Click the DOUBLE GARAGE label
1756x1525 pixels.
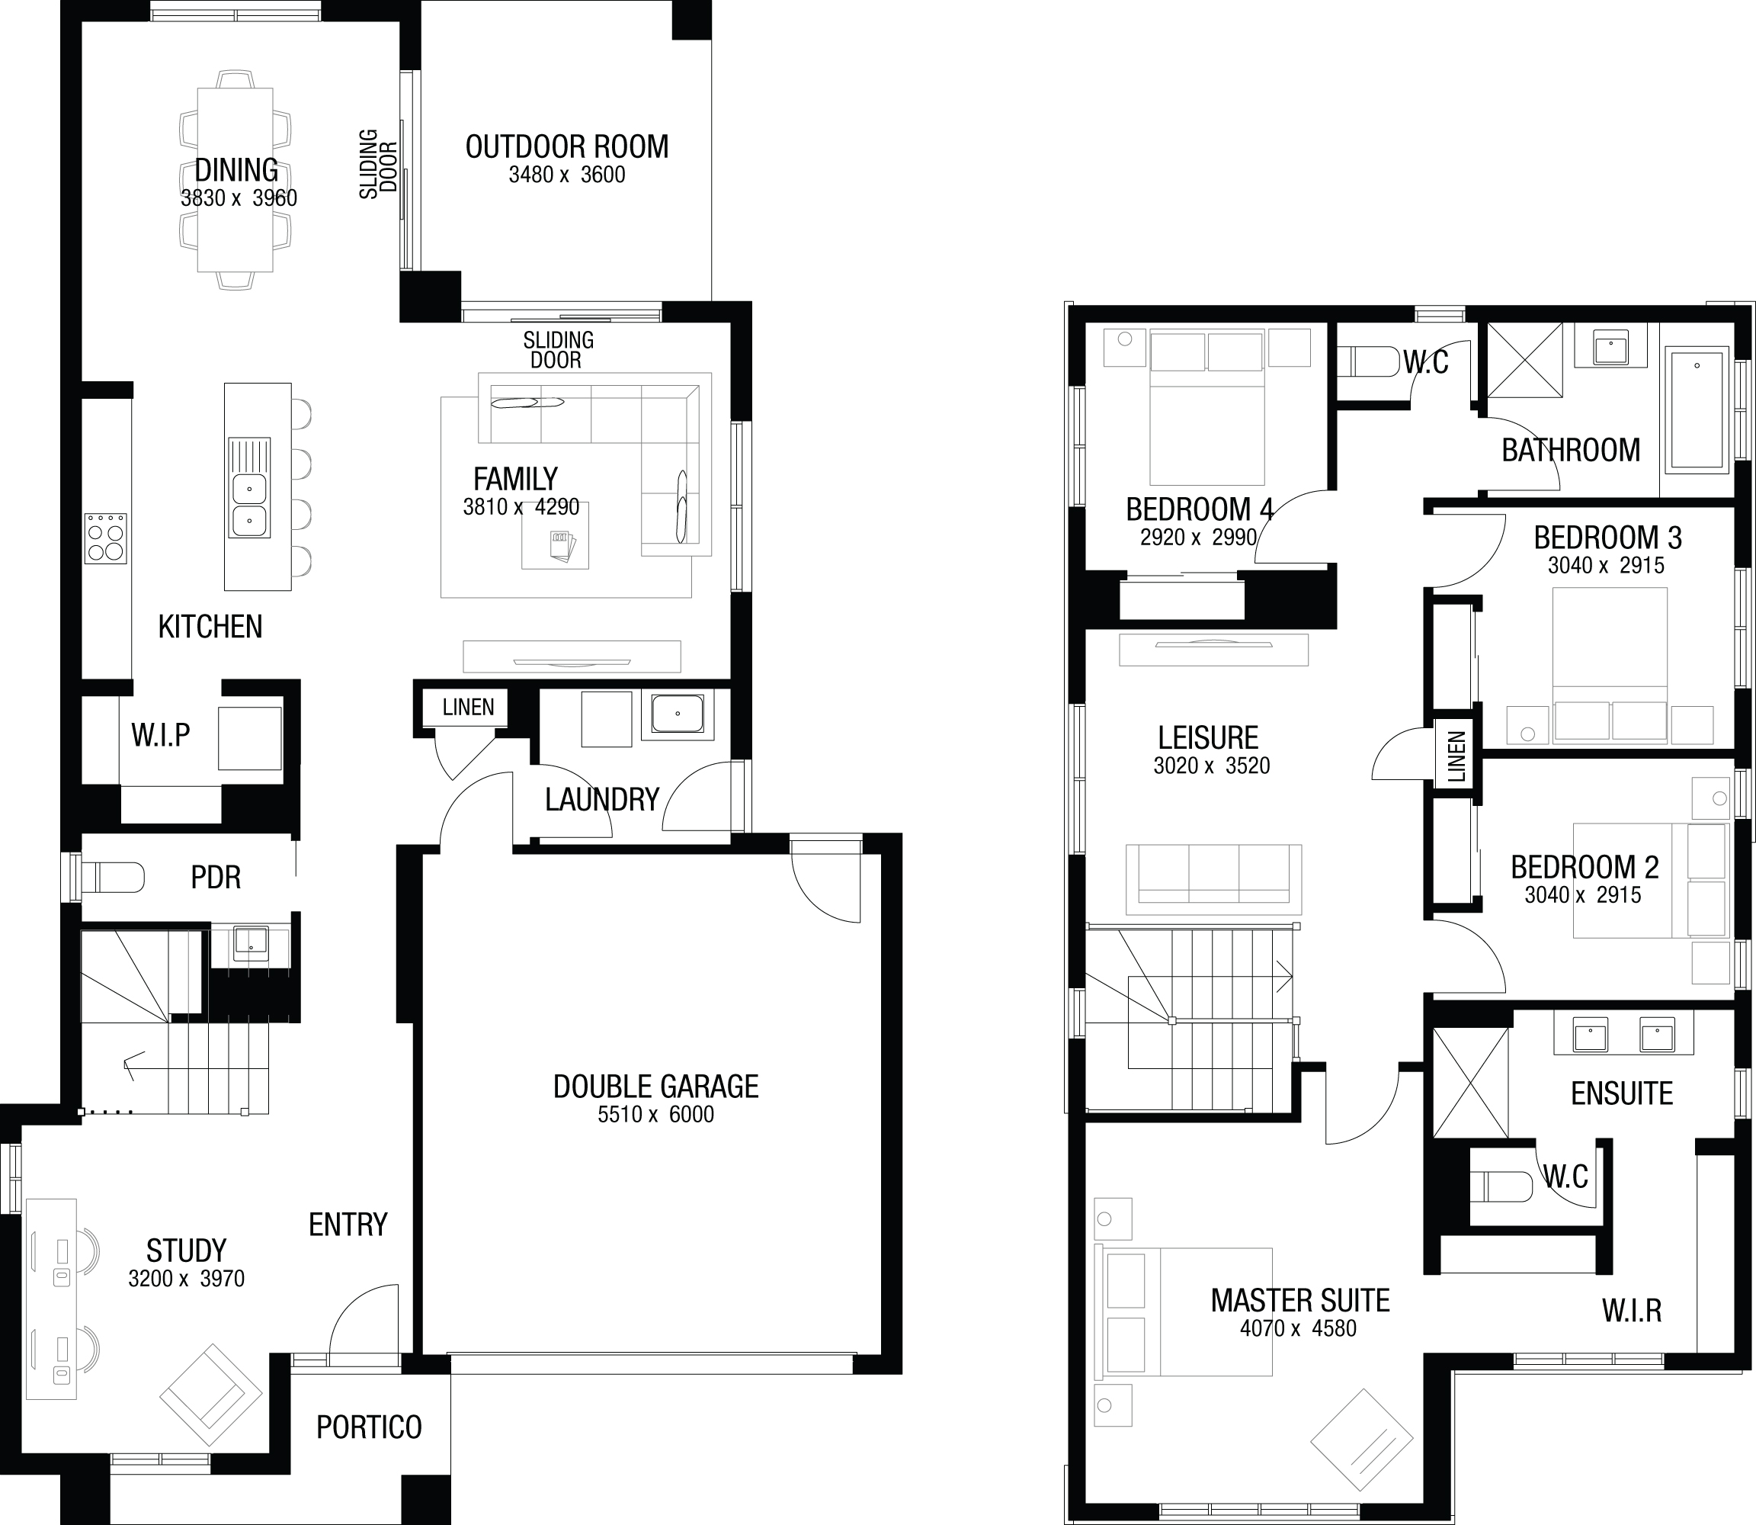[x=655, y=1087]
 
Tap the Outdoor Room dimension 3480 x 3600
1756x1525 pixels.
[x=566, y=175]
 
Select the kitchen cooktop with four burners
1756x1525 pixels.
[x=105, y=538]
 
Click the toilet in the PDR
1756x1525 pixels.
[x=111, y=878]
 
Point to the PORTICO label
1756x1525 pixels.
[x=369, y=1427]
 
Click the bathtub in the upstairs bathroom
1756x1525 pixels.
[x=1697, y=409]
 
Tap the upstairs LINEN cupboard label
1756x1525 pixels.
[x=1456, y=756]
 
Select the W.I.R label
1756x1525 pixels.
[x=1632, y=1311]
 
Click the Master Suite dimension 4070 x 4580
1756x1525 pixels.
[x=1298, y=1329]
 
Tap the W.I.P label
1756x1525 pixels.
[x=161, y=734]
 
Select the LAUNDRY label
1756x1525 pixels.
[x=602, y=800]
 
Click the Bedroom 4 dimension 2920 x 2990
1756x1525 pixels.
[x=1198, y=538]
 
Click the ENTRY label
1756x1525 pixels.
[x=348, y=1225]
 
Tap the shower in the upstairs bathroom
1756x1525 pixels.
[x=1524, y=359]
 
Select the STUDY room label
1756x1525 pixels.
[x=186, y=1251]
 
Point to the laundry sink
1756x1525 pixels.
[x=678, y=713]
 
